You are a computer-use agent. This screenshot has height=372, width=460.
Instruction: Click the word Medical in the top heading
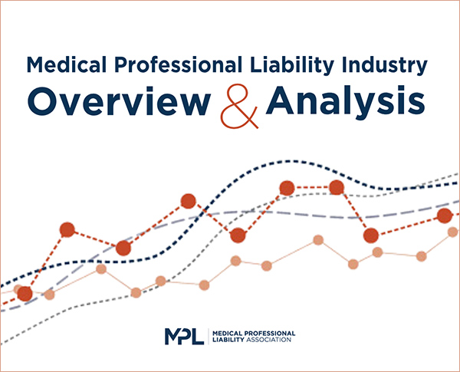(x=67, y=64)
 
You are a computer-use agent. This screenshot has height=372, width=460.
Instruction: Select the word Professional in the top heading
(x=179, y=64)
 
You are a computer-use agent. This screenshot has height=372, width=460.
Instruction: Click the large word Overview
(x=119, y=100)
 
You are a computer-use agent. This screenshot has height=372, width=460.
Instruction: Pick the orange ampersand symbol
(x=239, y=107)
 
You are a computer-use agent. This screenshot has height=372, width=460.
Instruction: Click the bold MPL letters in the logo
(x=184, y=336)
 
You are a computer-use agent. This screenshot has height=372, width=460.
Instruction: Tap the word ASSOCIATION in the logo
(x=269, y=340)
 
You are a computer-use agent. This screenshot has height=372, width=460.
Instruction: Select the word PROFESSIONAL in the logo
(x=270, y=333)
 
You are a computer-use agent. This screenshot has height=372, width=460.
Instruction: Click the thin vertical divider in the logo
(x=209, y=336)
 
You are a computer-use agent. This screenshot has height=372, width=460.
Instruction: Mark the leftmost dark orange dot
(x=25, y=294)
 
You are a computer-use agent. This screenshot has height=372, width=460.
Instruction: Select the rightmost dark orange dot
(x=445, y=216)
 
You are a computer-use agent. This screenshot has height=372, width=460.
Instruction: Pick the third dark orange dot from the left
(x=123, y=249)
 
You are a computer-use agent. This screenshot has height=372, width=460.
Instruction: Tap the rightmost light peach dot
(x=454, y=232)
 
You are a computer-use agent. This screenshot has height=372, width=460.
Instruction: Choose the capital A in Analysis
(x=280, y=100)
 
